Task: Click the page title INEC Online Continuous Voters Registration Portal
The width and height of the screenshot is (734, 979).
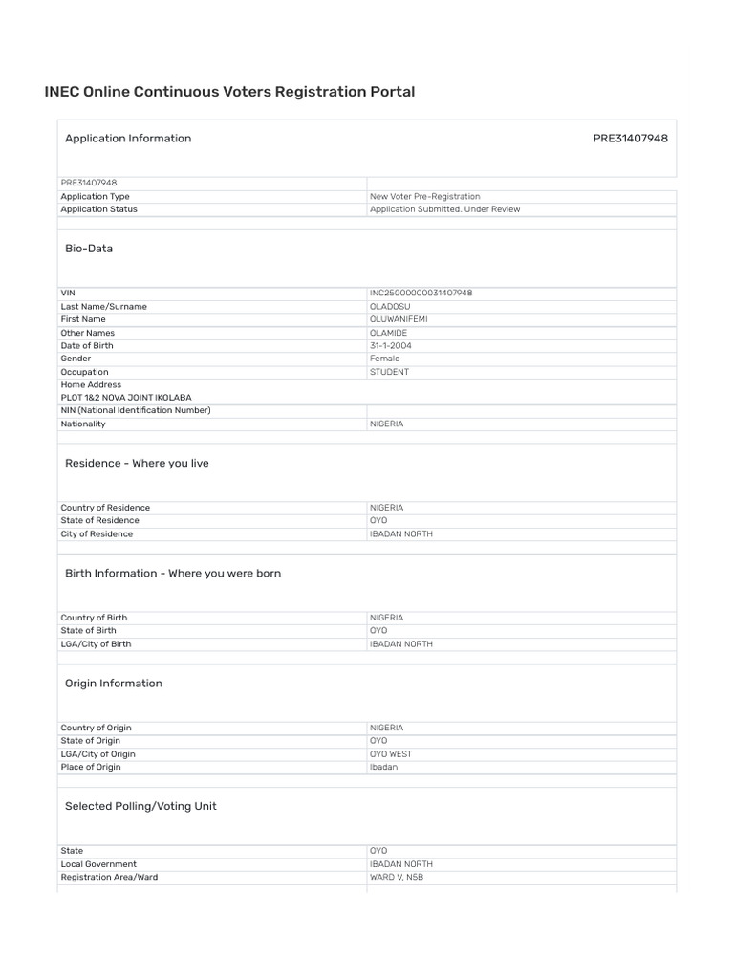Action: click(x=229, y=92)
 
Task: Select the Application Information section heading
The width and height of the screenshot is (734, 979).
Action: click(x=128, y=138)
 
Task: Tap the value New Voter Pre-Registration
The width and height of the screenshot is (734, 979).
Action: click(x=425, y=196)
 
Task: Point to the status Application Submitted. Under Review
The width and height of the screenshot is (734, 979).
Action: click(x=445, y=209)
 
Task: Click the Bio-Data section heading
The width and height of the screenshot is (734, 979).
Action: click(x=89, y=249)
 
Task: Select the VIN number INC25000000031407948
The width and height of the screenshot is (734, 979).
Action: click(x=421, y=294)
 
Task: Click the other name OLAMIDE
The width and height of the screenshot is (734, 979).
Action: click(x=389, y=333)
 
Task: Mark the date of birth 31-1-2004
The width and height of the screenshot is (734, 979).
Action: click(x=392, y=345)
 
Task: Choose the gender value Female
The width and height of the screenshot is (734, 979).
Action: click(x=385, y=359)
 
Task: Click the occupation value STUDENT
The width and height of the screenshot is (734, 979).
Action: click(x=389, y=372)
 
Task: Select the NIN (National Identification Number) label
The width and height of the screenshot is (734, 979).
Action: click(x=136, y=410)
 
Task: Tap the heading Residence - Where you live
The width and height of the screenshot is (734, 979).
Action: click(x=137, y=463)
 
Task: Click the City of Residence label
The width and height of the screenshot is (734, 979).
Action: click(x=97, y=533)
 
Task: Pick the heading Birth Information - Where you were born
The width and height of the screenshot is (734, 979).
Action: click(x=173, y=574)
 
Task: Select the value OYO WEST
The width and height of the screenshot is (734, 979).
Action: click(x=391, y=753)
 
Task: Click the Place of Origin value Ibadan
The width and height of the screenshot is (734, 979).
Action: click(x=384, y=767)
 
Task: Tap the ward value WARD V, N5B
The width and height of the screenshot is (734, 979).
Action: click(x=397, y=877)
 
